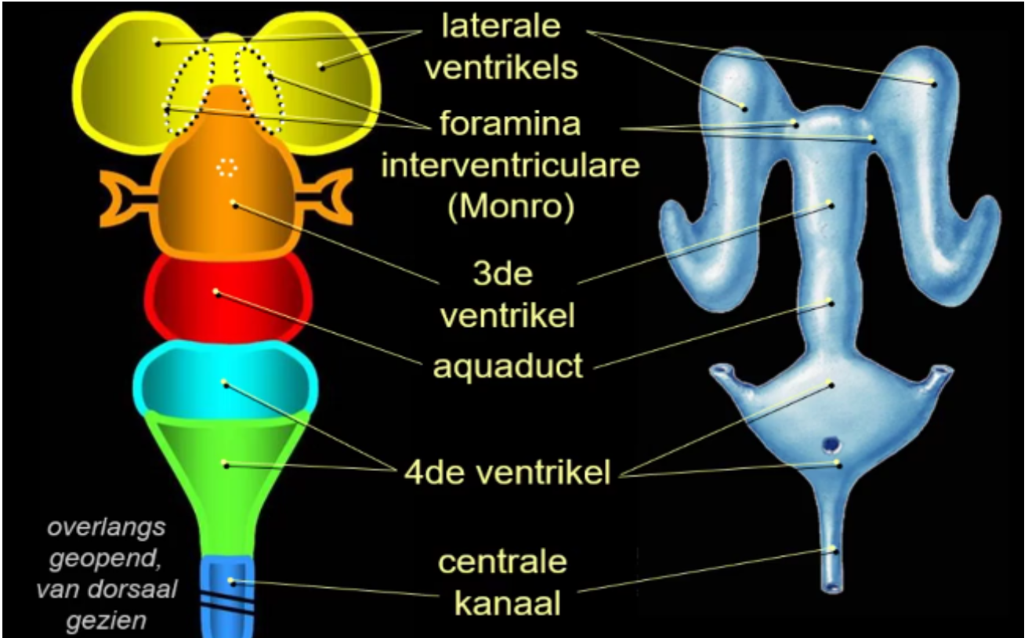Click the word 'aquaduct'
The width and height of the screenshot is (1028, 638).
coord(509,365)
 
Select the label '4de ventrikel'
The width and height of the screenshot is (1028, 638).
coord(508,473)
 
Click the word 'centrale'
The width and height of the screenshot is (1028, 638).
coord(501,562)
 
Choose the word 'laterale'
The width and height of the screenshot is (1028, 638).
coord(501,27)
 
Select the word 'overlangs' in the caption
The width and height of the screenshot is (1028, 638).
coord(107,527)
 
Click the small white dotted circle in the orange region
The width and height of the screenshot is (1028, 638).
coord(226,166)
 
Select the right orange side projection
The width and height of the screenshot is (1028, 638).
coord(328,198)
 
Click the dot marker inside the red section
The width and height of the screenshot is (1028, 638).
coord(216,292)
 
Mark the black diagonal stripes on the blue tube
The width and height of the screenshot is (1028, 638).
coord(228,602)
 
